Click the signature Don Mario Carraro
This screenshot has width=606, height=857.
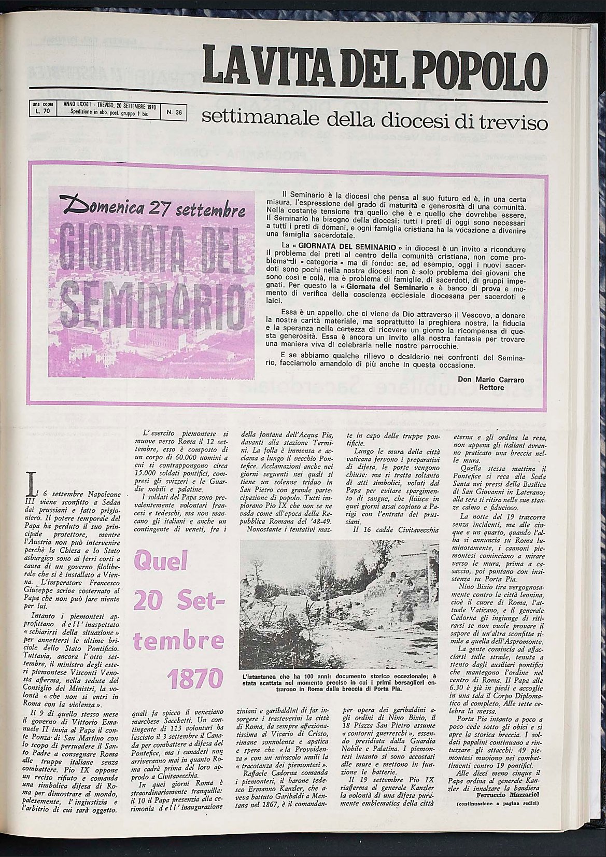pyautogui.click(x=491, y=380)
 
